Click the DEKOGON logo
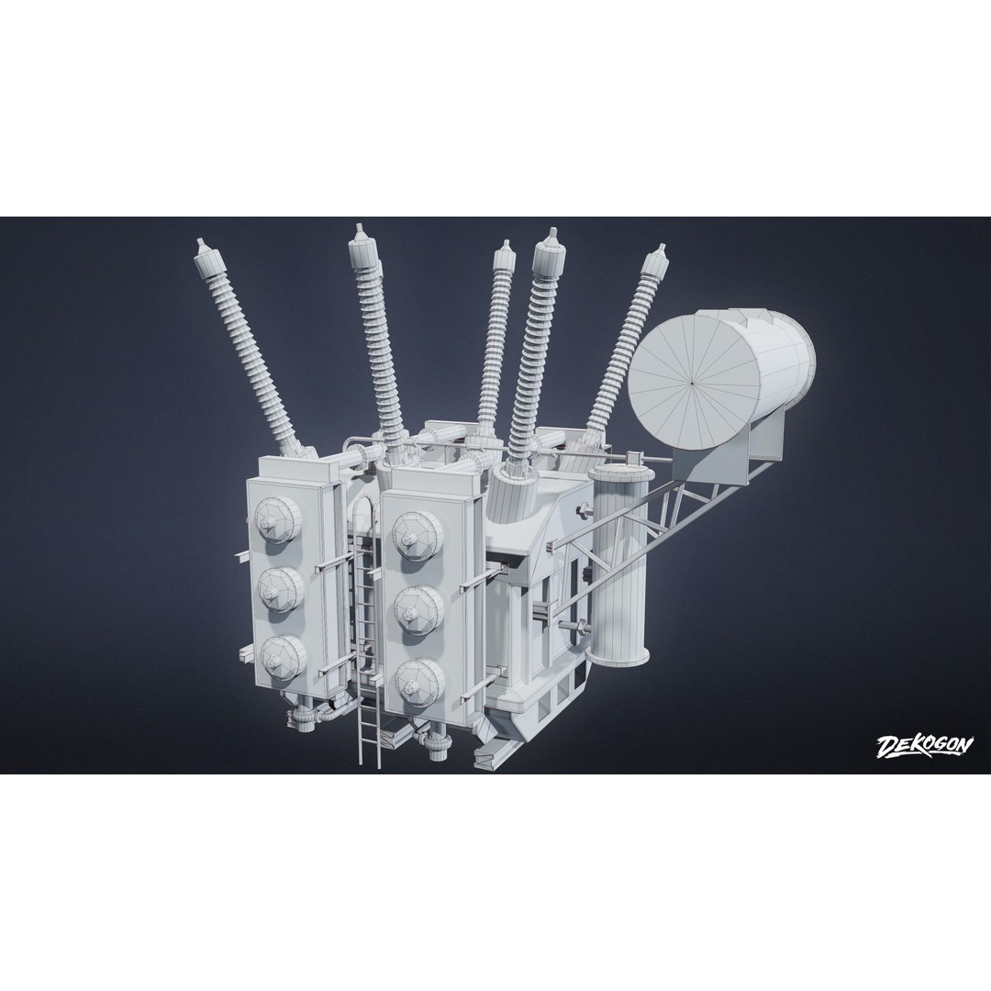(924, 746)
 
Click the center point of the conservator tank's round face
(694, 382)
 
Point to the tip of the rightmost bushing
(662, 246)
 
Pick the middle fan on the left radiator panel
(279, 590)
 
